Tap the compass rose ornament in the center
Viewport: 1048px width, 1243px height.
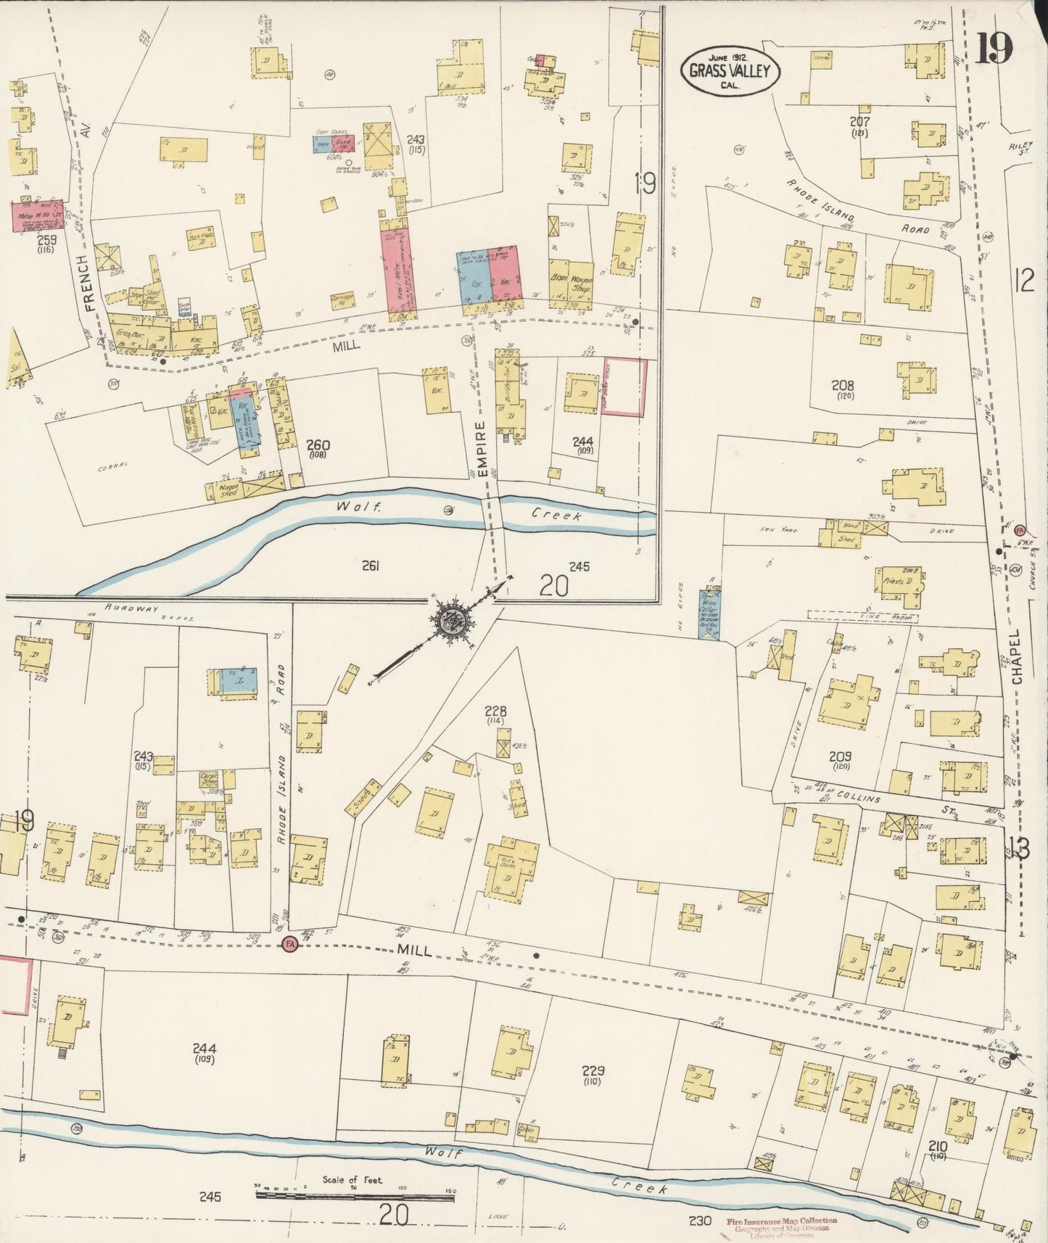tap(455, 622)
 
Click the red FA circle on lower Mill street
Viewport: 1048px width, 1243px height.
tap(290, 944)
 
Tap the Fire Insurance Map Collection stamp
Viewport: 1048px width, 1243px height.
tap(781, 1225)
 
